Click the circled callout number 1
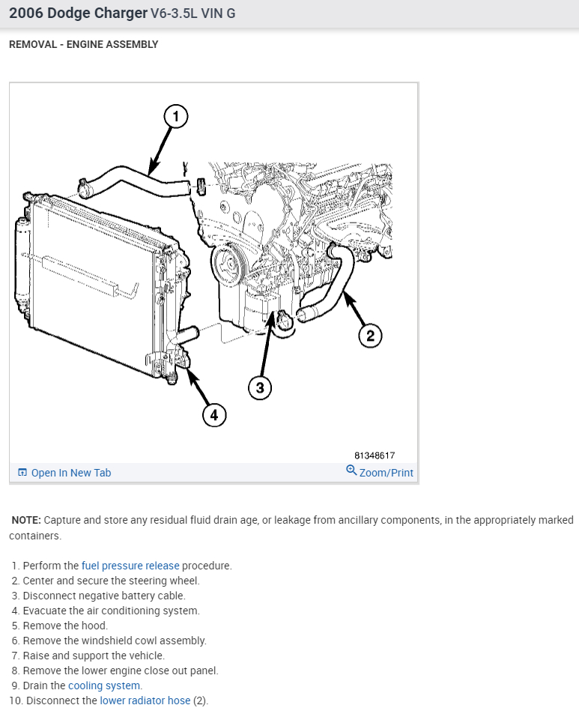175,116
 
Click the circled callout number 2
370,335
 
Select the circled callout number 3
260,387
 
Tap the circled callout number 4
213,415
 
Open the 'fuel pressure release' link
130,566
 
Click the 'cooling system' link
104,686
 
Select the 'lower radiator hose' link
145,701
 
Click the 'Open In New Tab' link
70,473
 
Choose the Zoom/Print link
386,473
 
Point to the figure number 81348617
375,456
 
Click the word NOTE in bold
26,520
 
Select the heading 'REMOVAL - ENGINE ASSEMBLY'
83,44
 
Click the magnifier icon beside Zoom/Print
351,471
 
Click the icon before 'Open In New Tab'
22,473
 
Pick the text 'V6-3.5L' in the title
172,13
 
